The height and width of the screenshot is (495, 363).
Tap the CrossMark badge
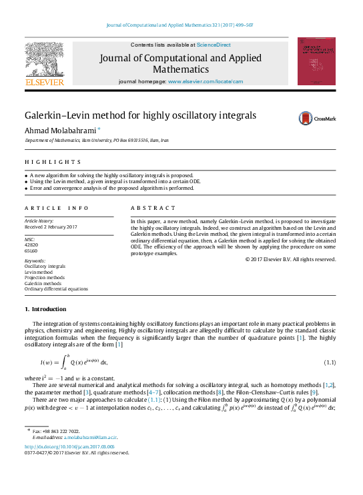[316, 118]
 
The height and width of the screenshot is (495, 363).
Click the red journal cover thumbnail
[316, 61]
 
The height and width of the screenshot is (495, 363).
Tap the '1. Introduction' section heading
[45, 309]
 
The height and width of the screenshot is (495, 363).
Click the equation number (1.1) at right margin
[329, 362]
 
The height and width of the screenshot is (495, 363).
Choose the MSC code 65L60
[31, 250]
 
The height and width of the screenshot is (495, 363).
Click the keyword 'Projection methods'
[44, 277]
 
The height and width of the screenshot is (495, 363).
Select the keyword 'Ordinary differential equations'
[56, 289]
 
